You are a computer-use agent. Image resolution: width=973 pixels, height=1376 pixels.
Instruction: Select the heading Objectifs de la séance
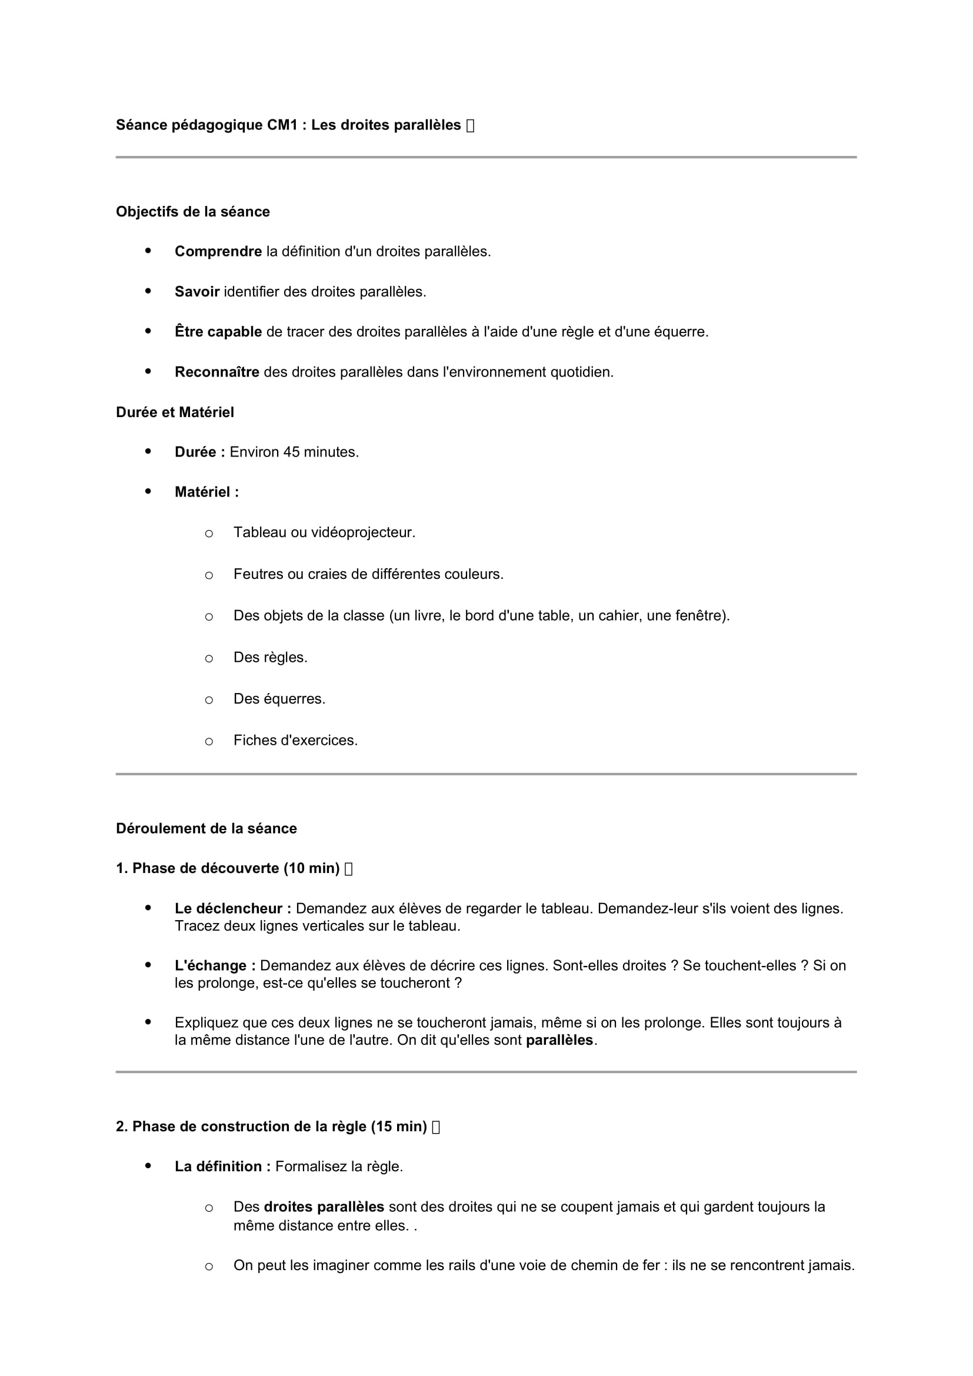pos(192,212)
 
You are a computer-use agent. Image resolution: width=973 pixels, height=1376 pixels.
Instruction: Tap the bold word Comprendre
pos(218,252)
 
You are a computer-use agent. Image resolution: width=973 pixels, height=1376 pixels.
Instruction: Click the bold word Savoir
pos(196,292)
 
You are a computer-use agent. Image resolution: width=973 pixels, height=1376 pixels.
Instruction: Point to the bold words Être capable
pos(218,332)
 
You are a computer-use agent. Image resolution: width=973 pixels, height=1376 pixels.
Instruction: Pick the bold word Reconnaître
pos(217,372)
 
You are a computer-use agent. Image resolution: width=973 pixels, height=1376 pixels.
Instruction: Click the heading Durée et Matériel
pos(175,412)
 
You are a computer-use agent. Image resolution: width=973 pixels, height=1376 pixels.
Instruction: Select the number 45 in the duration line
pos(291,452)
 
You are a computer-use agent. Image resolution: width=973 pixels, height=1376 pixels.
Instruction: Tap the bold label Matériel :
pos(206,492)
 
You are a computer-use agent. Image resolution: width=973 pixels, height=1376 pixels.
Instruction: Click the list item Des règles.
pos(270,658)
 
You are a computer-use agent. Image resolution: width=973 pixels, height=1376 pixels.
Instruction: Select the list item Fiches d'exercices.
pos(295,740)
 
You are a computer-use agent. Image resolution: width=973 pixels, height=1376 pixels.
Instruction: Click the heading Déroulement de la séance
pos(206,828)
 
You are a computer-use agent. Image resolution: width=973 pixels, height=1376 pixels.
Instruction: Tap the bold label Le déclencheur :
pos(233,908)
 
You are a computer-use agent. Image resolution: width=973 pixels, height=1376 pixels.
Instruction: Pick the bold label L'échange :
pos(215,965)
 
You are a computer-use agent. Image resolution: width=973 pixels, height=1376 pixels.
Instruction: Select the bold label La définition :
pos(222,1166)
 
